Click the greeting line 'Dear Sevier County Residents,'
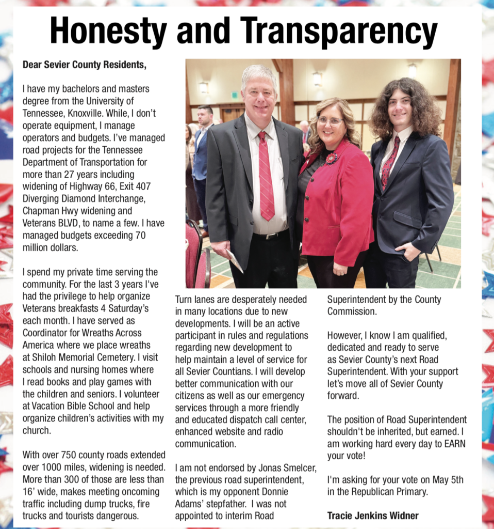coord(85,65)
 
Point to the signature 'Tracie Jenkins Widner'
coord(373,515)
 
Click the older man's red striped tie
coord(266,176)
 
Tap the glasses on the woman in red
coord(330,121)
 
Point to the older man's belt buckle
coord(270,236)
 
